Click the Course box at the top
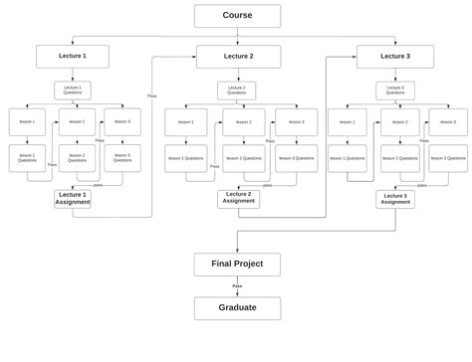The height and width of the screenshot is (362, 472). (237, 16)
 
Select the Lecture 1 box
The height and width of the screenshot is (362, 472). (73, 57)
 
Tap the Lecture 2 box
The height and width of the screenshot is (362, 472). (238, 57)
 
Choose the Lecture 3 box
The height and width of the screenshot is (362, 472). (394, 57)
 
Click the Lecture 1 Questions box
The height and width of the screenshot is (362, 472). (73, 90)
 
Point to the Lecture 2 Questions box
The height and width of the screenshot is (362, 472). (236, 90)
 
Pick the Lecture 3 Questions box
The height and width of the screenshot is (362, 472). (395, 90)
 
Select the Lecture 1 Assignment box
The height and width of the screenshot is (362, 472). (73, 198)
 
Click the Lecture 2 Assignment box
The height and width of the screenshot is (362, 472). (238, 198)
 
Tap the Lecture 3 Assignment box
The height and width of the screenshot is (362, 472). (395, 199)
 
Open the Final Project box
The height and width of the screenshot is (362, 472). (237, 264)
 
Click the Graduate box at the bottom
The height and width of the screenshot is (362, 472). (237, 308)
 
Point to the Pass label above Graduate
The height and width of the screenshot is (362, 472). (237, 286)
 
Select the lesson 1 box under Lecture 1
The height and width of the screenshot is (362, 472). (27, 122)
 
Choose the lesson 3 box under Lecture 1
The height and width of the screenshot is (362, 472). (122, 122)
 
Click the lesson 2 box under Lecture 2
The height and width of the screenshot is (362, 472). (243, 122)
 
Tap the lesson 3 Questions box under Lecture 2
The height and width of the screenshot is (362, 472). (297, 158)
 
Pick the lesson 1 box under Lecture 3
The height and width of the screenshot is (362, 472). (347, 122)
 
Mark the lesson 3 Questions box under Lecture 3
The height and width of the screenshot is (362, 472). (447, 158)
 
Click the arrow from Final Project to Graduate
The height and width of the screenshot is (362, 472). (237, 291)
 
